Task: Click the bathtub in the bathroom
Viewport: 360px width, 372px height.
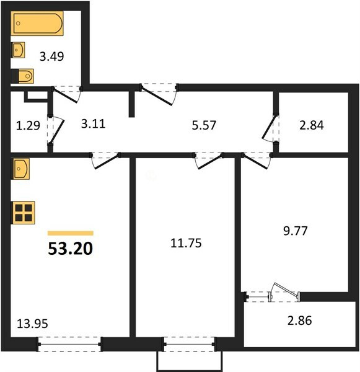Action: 37,24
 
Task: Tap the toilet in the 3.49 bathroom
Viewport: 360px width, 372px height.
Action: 22,76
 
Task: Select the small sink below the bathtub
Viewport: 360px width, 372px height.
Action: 18,50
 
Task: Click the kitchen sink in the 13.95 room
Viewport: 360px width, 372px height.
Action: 20,169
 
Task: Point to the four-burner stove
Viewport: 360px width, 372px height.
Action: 24,213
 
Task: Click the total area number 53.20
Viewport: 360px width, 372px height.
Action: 70,249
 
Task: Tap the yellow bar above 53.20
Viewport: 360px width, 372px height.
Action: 71,233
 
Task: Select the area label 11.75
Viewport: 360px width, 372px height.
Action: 186,243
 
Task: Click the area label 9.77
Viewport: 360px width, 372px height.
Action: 296,231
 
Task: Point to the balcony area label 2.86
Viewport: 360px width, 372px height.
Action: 299,321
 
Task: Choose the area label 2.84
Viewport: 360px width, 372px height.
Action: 312,125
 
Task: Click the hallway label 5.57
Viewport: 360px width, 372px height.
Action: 204,125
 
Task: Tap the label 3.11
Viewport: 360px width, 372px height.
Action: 93,124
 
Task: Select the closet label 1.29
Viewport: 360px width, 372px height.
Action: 28,125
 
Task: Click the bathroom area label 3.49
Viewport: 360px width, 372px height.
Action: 51,56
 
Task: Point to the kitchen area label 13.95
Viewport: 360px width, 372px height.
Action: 32,324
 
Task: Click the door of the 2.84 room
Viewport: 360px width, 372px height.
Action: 269,127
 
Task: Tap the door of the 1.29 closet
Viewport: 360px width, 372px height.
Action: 57,130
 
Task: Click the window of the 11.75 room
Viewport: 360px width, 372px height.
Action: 189,345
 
